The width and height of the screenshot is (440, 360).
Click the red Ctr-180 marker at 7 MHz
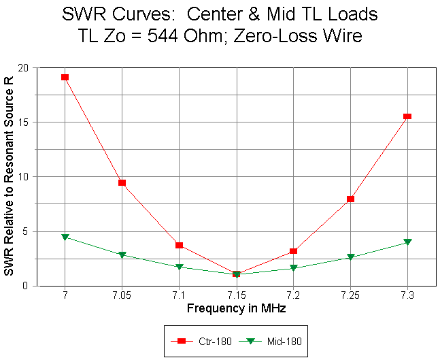[65, 77]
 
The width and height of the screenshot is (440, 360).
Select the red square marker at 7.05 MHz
[122, 182]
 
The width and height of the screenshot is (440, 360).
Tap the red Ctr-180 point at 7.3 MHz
[407, 116]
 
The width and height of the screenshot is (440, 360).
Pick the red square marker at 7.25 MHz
[350, 199]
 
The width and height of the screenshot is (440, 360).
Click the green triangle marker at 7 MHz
[65, 237]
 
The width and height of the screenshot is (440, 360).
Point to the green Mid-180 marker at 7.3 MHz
[407, 242]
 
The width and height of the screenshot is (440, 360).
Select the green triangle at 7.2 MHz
[293, 268]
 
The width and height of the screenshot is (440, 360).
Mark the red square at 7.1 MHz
[179, 245]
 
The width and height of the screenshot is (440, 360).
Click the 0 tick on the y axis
[27, 286]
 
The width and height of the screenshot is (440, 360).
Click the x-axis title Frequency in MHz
[236, 309]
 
